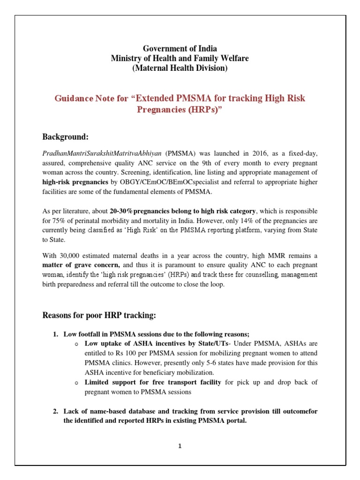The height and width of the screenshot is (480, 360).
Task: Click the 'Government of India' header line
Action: [x=180, y=49]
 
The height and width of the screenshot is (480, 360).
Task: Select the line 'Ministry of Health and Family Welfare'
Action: [x=180, y=59]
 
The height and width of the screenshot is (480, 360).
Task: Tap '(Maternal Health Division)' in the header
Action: [x=180, y=68]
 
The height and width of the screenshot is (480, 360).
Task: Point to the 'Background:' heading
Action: [x=66, y=137]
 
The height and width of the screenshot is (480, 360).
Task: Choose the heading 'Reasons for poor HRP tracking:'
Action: [x=99, y=315]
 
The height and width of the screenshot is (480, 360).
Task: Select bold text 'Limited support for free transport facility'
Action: [x=153, y=382]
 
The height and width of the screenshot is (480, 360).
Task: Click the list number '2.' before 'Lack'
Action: [x=55, y=411]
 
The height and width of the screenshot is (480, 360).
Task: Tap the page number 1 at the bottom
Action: [x=180, y=446]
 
